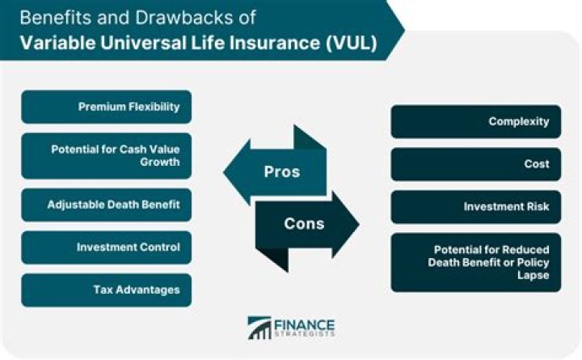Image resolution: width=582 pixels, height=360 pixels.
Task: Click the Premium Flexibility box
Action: [x=107, y=107]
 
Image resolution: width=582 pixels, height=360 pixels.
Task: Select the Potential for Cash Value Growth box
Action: [x=107, y=155]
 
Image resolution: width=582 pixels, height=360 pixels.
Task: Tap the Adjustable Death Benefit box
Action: [x=107, y=205]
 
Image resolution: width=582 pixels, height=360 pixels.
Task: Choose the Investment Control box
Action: [x=107, y=248]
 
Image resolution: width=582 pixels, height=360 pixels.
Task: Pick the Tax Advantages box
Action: [x=107, y=290]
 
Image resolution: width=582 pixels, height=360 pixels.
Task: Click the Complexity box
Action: [x=476, y=121]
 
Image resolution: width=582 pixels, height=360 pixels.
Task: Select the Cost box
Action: [x=476, y=164]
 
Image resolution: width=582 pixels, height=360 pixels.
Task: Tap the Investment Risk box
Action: [x=476, y=207]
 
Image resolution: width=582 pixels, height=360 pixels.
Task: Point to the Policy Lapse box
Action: [x=476, y=262]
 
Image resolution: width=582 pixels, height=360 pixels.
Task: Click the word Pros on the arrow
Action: [x=282, y=172]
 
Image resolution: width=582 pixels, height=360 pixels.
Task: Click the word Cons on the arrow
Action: [x=304, y=223]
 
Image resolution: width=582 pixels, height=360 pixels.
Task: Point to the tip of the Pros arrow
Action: [x=223, y=172]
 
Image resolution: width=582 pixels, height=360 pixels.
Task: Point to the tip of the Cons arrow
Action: [x=359, y=224]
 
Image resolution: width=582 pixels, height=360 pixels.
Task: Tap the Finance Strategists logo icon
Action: [x=259, y=328]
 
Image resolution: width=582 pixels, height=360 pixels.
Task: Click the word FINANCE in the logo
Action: [x=305, y=324]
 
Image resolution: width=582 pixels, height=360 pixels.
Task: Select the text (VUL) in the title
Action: [x=352, y=42]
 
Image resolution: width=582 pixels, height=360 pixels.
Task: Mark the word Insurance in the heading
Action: [x=274, y=42]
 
